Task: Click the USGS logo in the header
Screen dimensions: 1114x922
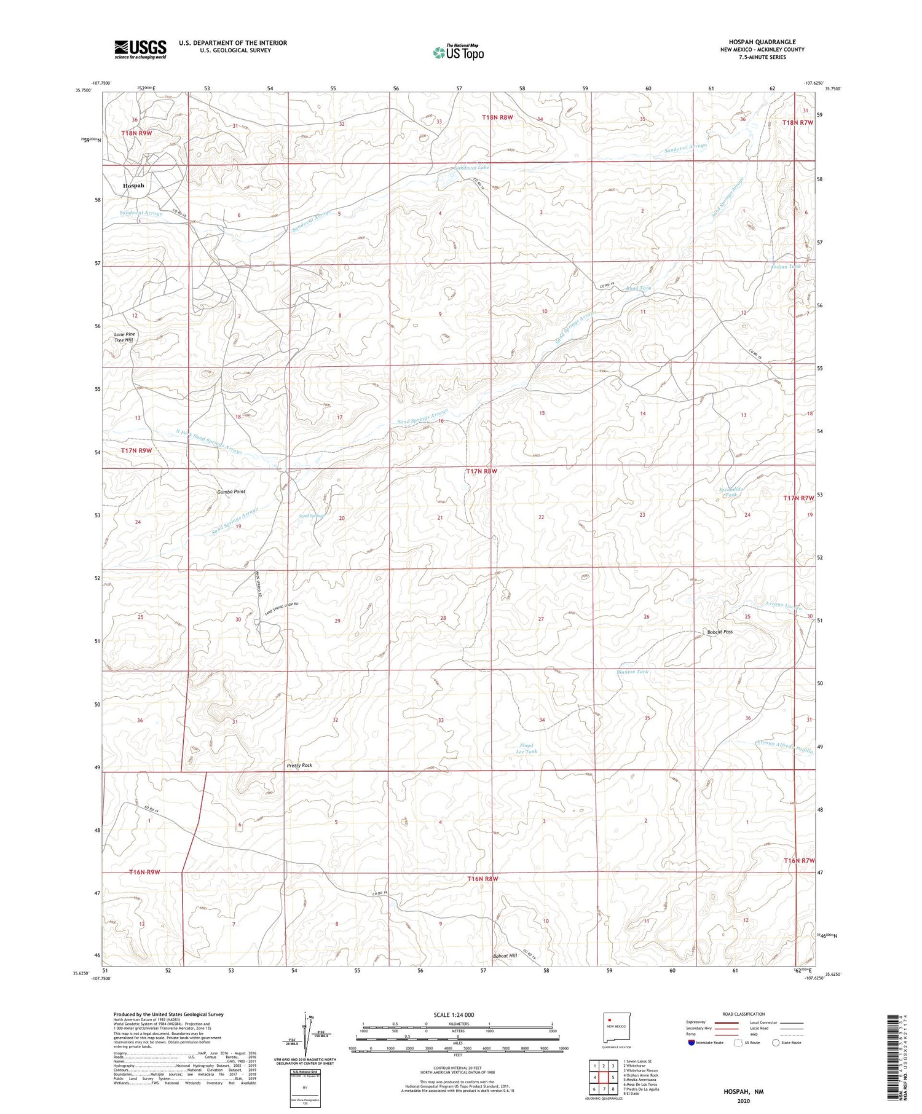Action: click(x=140, y=49)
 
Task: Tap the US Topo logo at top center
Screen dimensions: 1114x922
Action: click(x=458, y=53)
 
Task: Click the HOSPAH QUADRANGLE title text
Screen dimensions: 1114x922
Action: click(x=762, y=42)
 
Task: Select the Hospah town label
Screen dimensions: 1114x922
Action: click(x=133, y=186)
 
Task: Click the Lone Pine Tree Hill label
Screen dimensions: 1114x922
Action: click(x=125, y=337)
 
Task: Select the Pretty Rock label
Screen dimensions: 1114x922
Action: click(x=299, y=765)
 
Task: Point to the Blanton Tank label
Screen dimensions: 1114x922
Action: click(x=632, y=672)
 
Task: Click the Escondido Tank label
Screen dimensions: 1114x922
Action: click(x=731, y=492)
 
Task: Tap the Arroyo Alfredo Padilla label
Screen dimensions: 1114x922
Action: click(x=784, y=747)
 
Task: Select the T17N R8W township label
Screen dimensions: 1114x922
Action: click(x=481, y=471)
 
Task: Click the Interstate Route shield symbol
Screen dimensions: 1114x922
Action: click(x=691, y=1043)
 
